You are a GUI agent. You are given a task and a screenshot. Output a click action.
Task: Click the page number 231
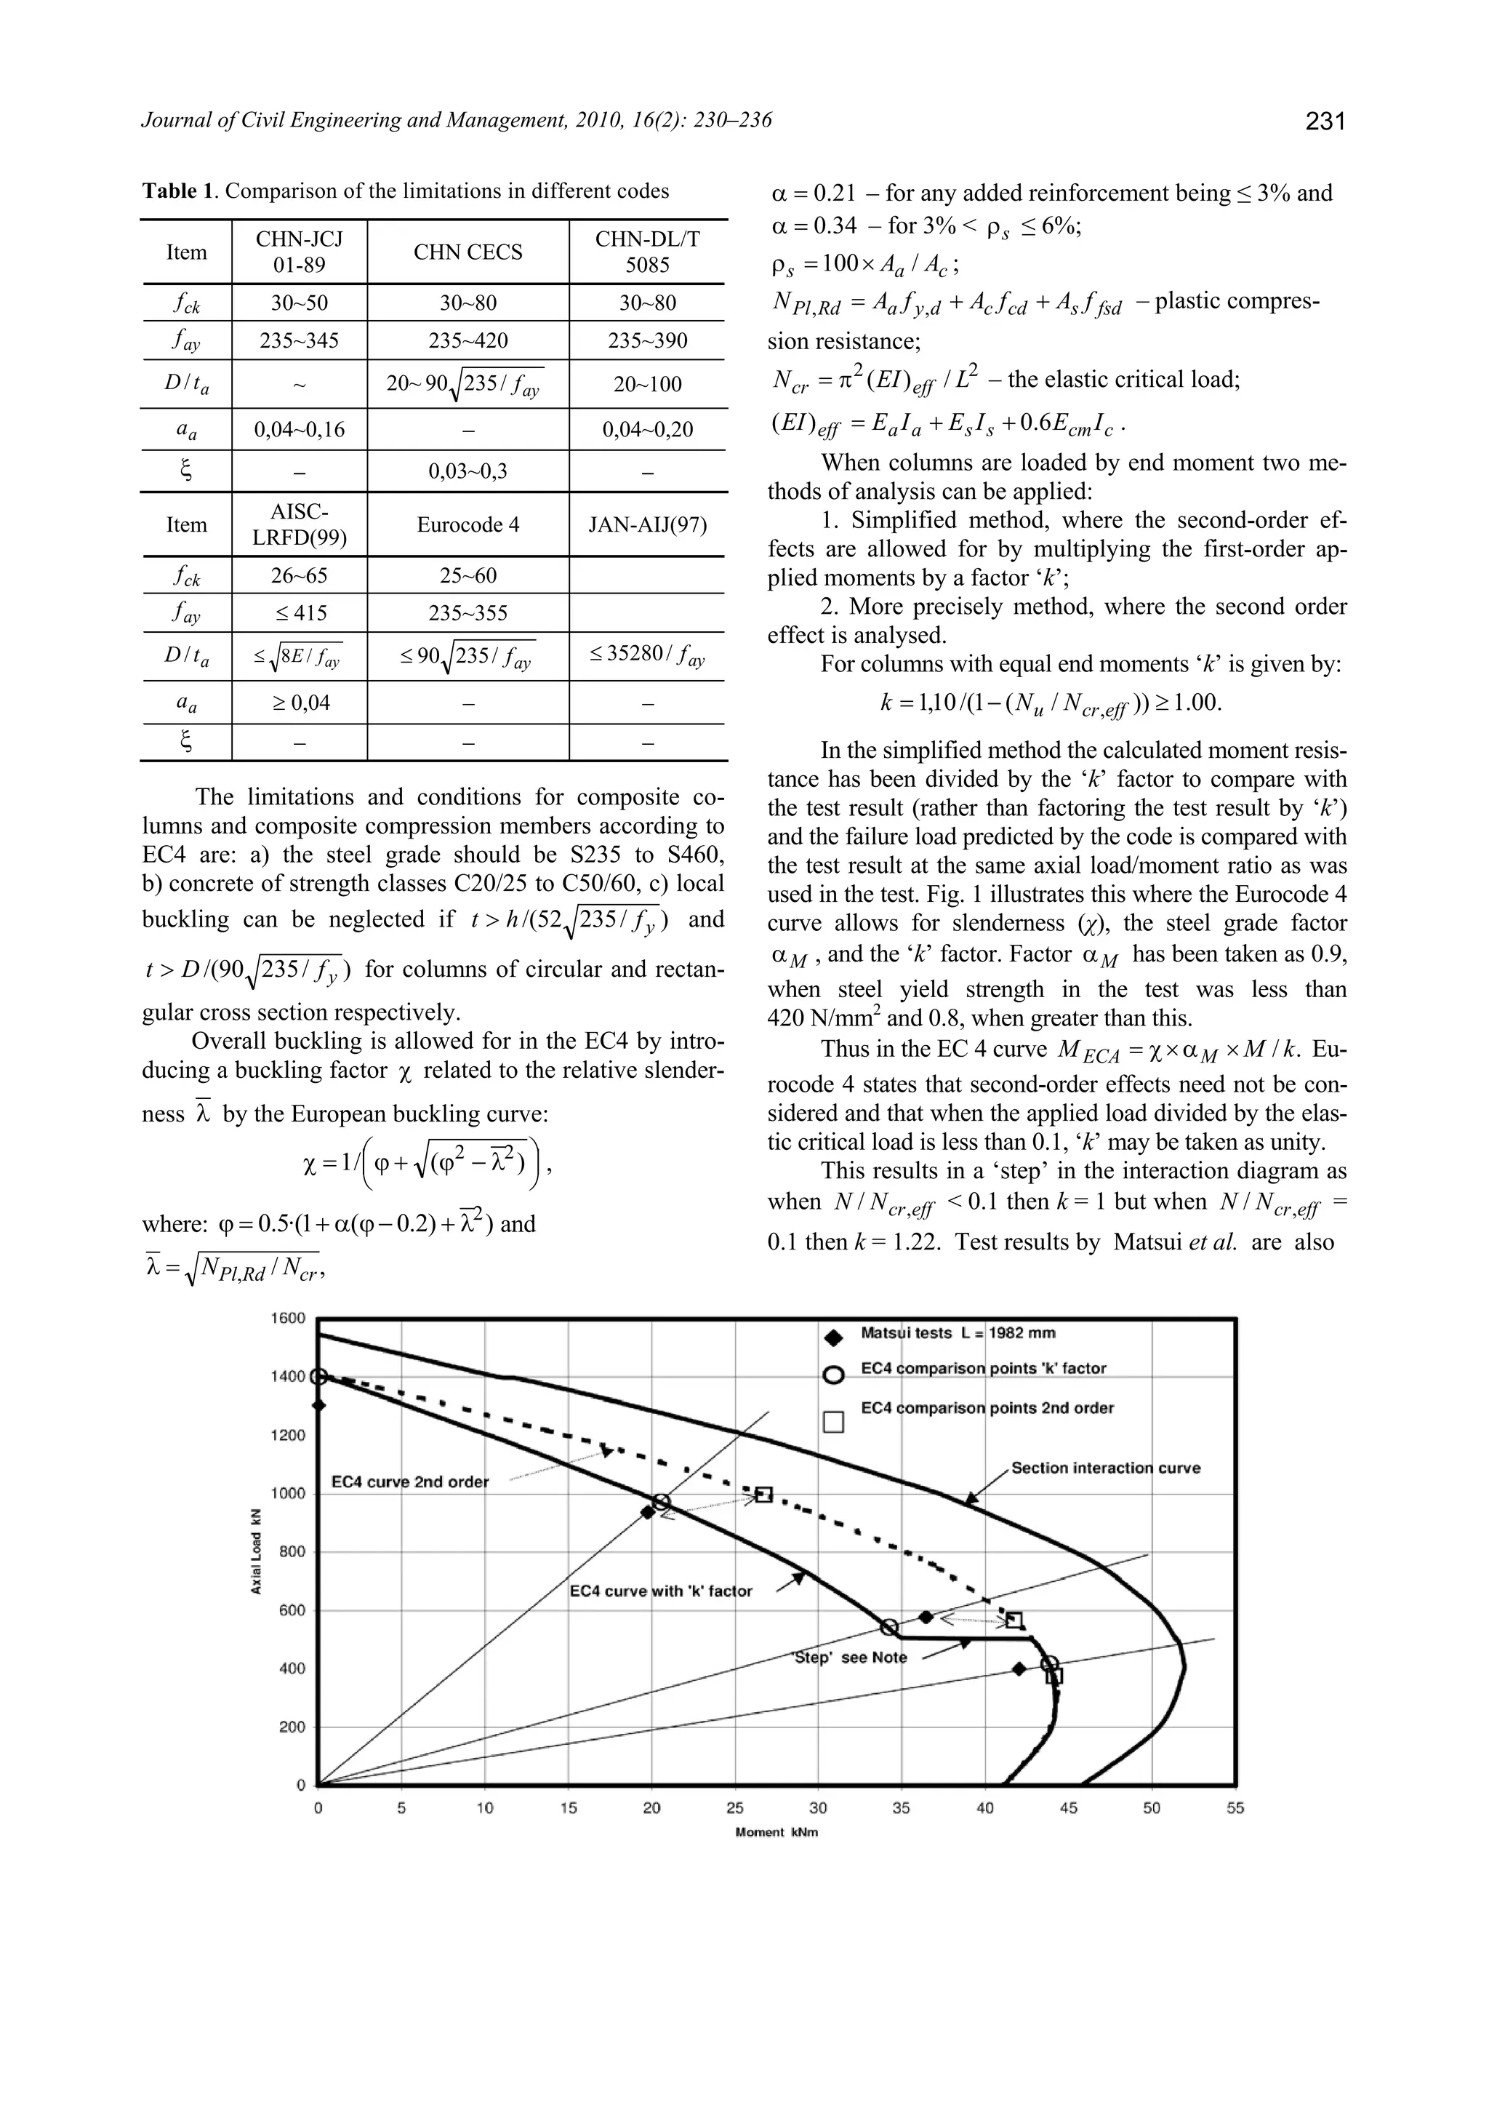point(1324,120)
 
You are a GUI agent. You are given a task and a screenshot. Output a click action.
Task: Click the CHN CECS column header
point(468,252)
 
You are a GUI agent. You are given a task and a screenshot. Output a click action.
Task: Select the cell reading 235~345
point(299,341)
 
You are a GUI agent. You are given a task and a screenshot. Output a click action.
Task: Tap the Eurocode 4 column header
point(468,525)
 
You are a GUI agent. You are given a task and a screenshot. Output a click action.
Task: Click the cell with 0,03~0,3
point(468,472)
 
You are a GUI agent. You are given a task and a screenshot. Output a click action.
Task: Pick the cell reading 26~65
point(299,575)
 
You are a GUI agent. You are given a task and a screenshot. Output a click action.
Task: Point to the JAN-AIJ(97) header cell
point(648,525)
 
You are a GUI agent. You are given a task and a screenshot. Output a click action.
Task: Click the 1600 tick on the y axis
point(288,1319)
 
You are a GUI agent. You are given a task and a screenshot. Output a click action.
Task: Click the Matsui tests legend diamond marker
point(834,1338)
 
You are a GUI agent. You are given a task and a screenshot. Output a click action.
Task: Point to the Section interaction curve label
point(1106,1468)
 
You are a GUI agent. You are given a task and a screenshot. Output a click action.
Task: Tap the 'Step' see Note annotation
point(848,1658)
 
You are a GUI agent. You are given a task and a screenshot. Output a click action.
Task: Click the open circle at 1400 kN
point(318,1377)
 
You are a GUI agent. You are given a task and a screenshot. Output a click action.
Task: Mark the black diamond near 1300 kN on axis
point(318,1405)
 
